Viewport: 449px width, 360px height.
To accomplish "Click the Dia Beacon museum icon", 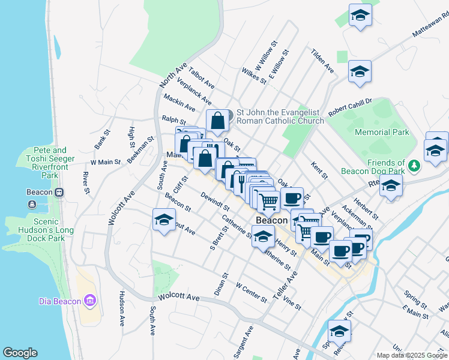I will [90, 300].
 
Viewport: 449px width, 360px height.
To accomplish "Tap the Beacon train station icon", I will [59, 193].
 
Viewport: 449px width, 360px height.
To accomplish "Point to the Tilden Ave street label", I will [322, 61].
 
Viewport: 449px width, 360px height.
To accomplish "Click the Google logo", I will [20, 353].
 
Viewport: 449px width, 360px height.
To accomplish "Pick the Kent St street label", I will [319, 170].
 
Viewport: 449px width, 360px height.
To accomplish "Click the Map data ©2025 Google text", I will [412, 355].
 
